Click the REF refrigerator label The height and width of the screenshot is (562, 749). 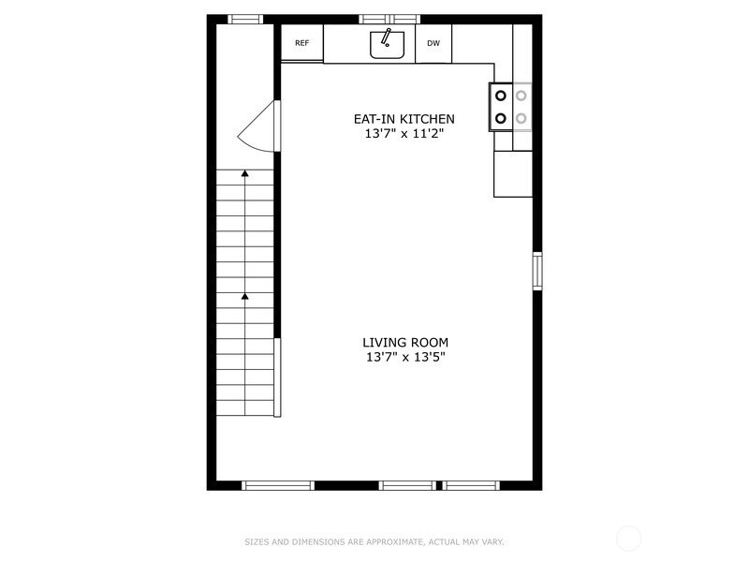point(301,43)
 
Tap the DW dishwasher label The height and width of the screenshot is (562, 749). point(433,43)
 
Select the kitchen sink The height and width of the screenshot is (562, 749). point(387,44)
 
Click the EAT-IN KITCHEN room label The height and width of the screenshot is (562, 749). point(404,119)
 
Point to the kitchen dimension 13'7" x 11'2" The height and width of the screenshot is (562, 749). point(404,134)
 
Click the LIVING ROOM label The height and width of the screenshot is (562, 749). point(406,342)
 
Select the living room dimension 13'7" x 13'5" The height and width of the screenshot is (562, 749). point(406,357)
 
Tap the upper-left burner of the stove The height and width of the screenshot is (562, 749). point(501,95)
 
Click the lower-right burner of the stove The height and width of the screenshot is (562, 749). point(521,118)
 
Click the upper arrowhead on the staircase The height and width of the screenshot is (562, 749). point(244,173)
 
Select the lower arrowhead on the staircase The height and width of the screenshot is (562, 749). point(244,297)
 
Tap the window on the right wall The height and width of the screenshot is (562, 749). point(537,271)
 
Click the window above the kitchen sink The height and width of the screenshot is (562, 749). point(389,19)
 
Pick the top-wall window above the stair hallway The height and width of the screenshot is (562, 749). point(245,19)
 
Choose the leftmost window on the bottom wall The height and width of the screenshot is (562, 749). point(278,485)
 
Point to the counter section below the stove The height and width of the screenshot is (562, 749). point(513,174)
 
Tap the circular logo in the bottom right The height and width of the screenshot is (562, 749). point(629,538)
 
